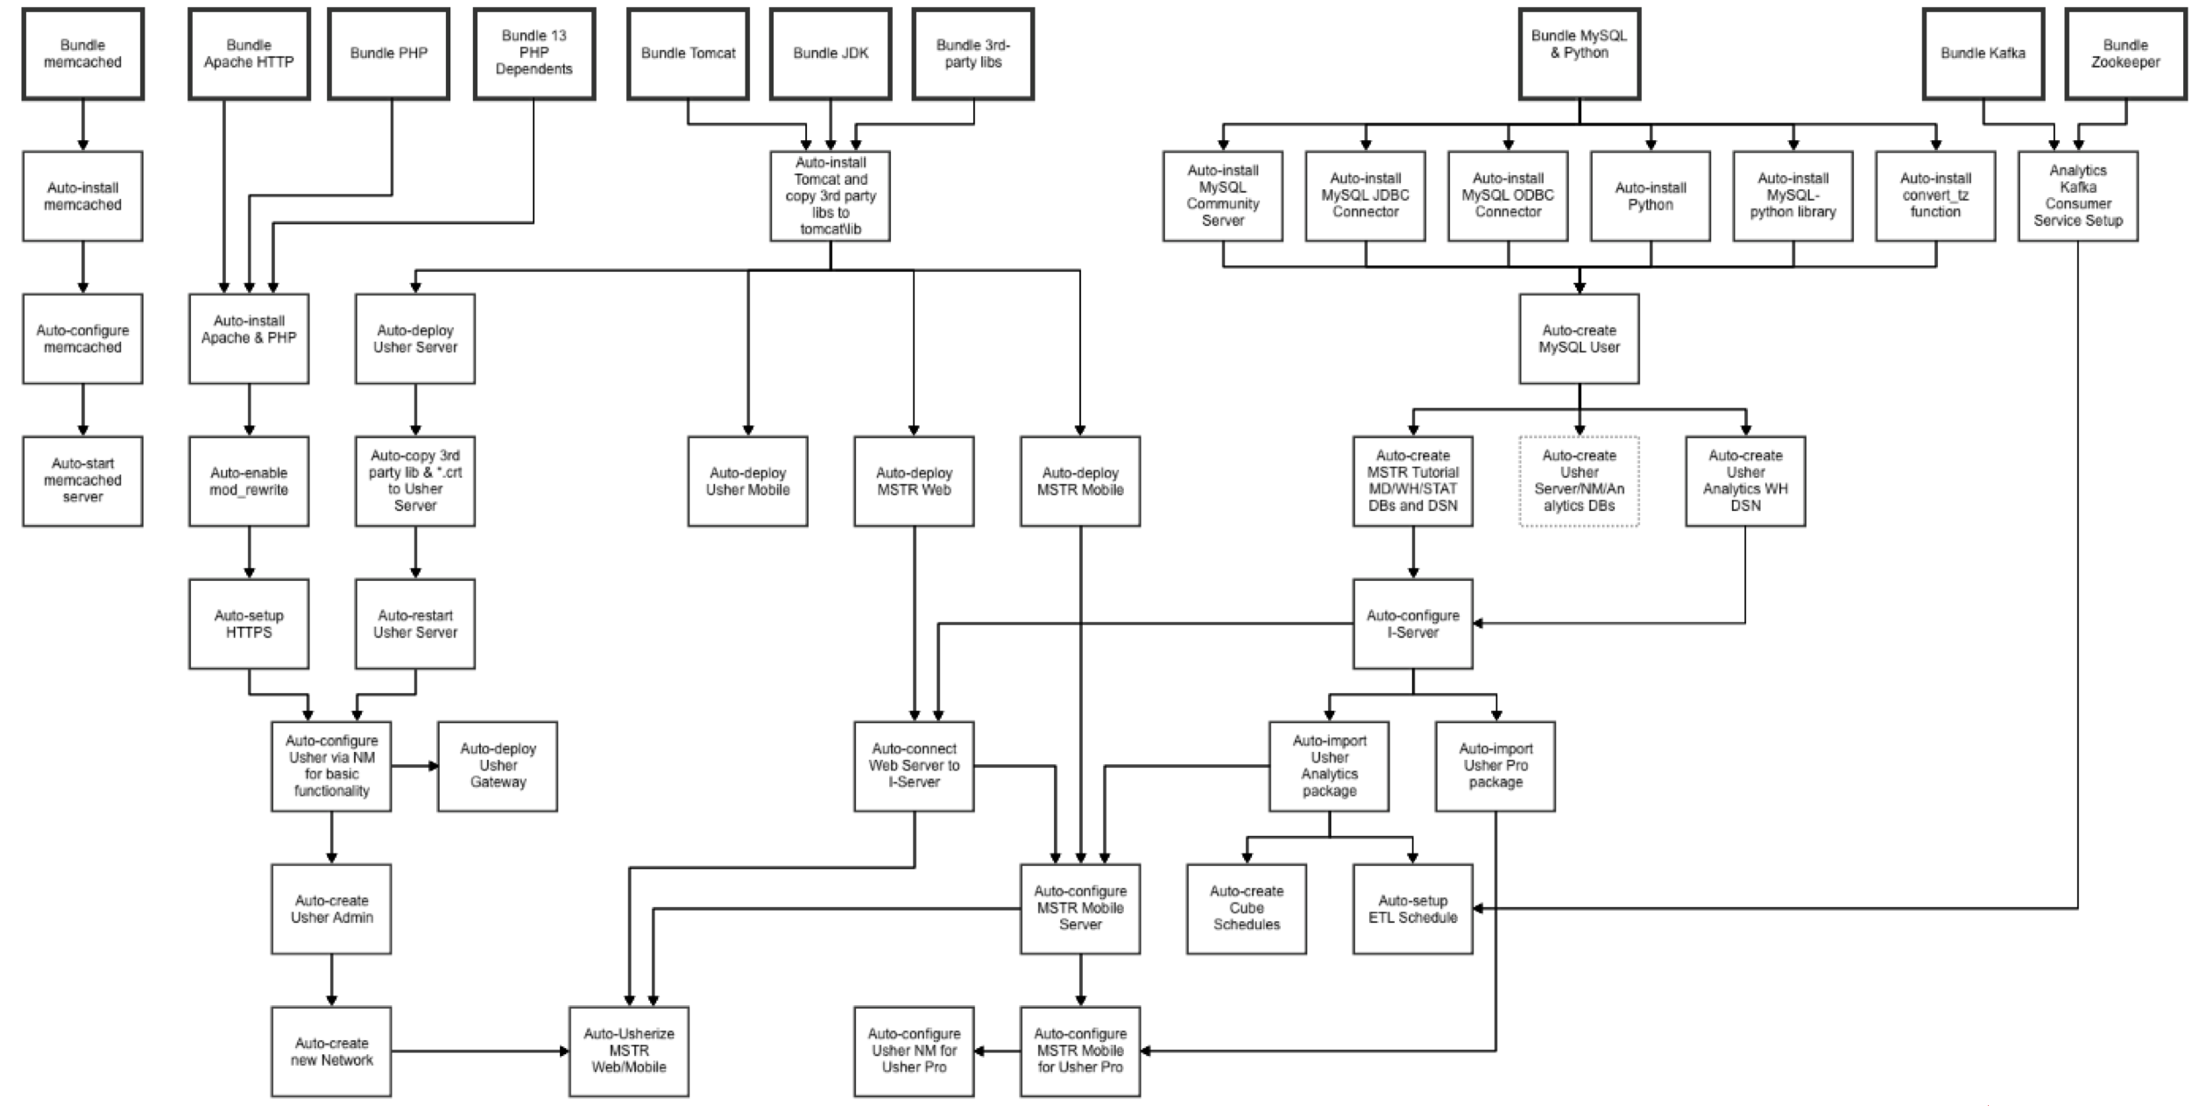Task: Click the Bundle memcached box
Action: pos(82,53)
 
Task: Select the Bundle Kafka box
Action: pos(1983,53)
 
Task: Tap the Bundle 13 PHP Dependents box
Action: pos(534,53)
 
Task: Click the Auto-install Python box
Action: pos(1651,196)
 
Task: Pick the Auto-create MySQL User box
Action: pos(1579,338)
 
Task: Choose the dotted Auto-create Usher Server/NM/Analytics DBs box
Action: pos(1579,481)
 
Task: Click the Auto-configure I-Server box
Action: pos(1412,623)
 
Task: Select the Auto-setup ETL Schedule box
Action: pos(1412,909)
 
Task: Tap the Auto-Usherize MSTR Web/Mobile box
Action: pos(629,1051)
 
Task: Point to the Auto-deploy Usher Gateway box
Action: pos(498,766)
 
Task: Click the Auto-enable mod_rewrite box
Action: pos(249,481)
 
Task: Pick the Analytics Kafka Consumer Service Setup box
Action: pos(2077,196)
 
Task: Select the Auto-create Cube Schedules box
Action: pos(1246,909)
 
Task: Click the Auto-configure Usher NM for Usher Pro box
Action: pos(914,1051)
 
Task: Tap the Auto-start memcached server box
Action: pos(82,481)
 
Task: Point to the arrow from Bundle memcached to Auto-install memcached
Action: pos(83,125)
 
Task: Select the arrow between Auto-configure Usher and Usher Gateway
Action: pos(414,766)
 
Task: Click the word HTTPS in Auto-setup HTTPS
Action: pos(249,632)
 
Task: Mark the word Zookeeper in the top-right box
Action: pos(2125,62)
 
